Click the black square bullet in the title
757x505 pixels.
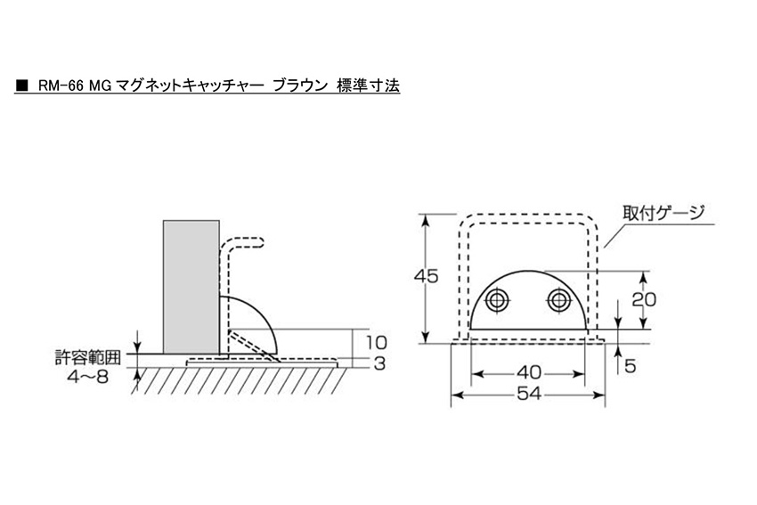click(21, 86)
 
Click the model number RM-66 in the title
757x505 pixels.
click(57, 86)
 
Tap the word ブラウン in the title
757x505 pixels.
click(300, 86)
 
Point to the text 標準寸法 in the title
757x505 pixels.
click(369, 86)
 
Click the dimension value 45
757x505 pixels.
click(426, 276)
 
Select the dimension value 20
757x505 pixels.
click(644, 299)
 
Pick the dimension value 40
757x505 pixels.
click(529, 372)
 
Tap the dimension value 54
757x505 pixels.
click(529, 394)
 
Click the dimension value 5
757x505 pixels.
click(630, 366)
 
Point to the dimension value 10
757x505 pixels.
click(376, 343)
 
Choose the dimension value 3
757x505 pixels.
click(379, 363)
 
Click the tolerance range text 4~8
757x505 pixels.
click(88, 377)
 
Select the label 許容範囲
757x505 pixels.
click(88, 358)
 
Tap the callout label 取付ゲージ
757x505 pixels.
click(663, 213)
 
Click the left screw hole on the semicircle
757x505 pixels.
click(498, 301)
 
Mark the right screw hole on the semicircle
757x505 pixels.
click(558, 301)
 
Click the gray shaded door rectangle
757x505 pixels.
click(191, 288)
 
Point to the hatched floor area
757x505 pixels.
click(240, 380)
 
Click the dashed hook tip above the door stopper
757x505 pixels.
click(261, 242)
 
